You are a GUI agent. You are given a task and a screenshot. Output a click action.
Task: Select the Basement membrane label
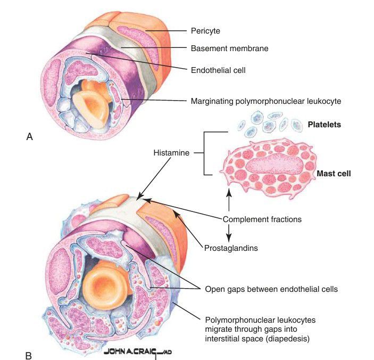tap(229, 48)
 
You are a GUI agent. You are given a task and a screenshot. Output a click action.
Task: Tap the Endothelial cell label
tap(218, 69)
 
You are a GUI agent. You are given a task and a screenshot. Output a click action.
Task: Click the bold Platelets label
tap(325, 125)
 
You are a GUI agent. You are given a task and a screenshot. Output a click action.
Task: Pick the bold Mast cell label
tap(334, 173)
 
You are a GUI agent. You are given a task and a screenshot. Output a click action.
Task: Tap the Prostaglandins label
tap(228, 248)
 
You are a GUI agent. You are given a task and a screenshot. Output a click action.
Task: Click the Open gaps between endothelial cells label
tap(271, 289)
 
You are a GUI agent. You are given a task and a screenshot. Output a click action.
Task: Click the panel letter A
tap(29, 136)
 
